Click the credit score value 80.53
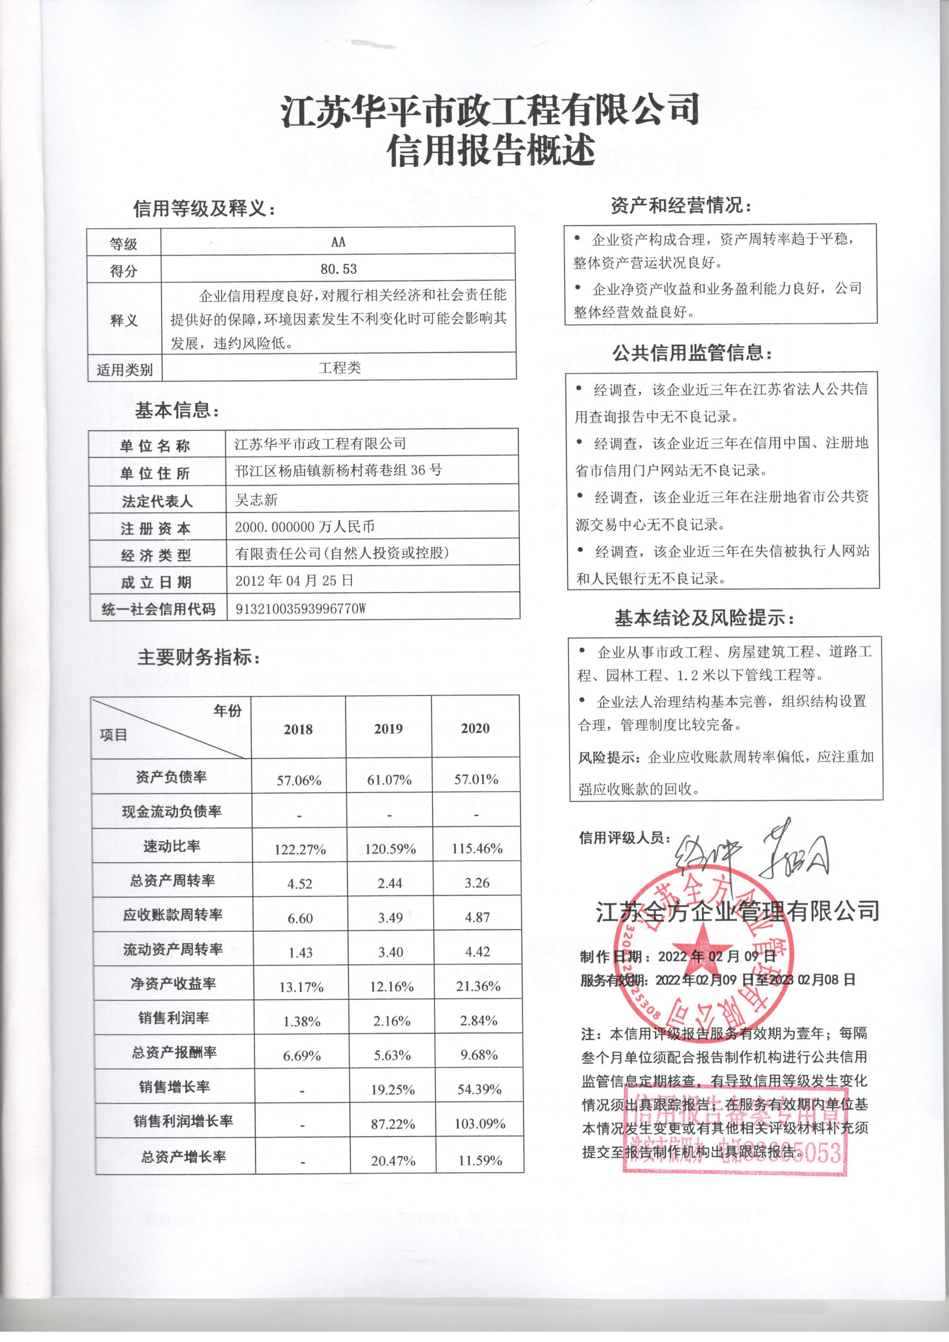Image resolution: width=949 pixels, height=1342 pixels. [x=339, y=269]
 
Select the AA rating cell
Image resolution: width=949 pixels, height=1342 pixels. [x=338, y=241]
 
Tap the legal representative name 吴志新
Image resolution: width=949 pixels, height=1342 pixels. [x=256, y=500]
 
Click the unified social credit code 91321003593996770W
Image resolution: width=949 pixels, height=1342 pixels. [x=300, y=608]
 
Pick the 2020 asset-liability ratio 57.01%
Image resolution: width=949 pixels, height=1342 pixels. [x=476, y=779]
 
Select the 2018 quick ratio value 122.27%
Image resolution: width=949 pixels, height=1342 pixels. [x=300, y=849]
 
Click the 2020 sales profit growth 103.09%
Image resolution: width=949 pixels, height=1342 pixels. [x=479, y=1123]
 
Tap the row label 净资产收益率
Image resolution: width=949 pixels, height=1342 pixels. [x=173, y=984]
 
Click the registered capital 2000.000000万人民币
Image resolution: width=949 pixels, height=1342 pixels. [x=304, y=527]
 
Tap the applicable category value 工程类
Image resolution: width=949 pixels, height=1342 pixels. [x=339, y=368]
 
